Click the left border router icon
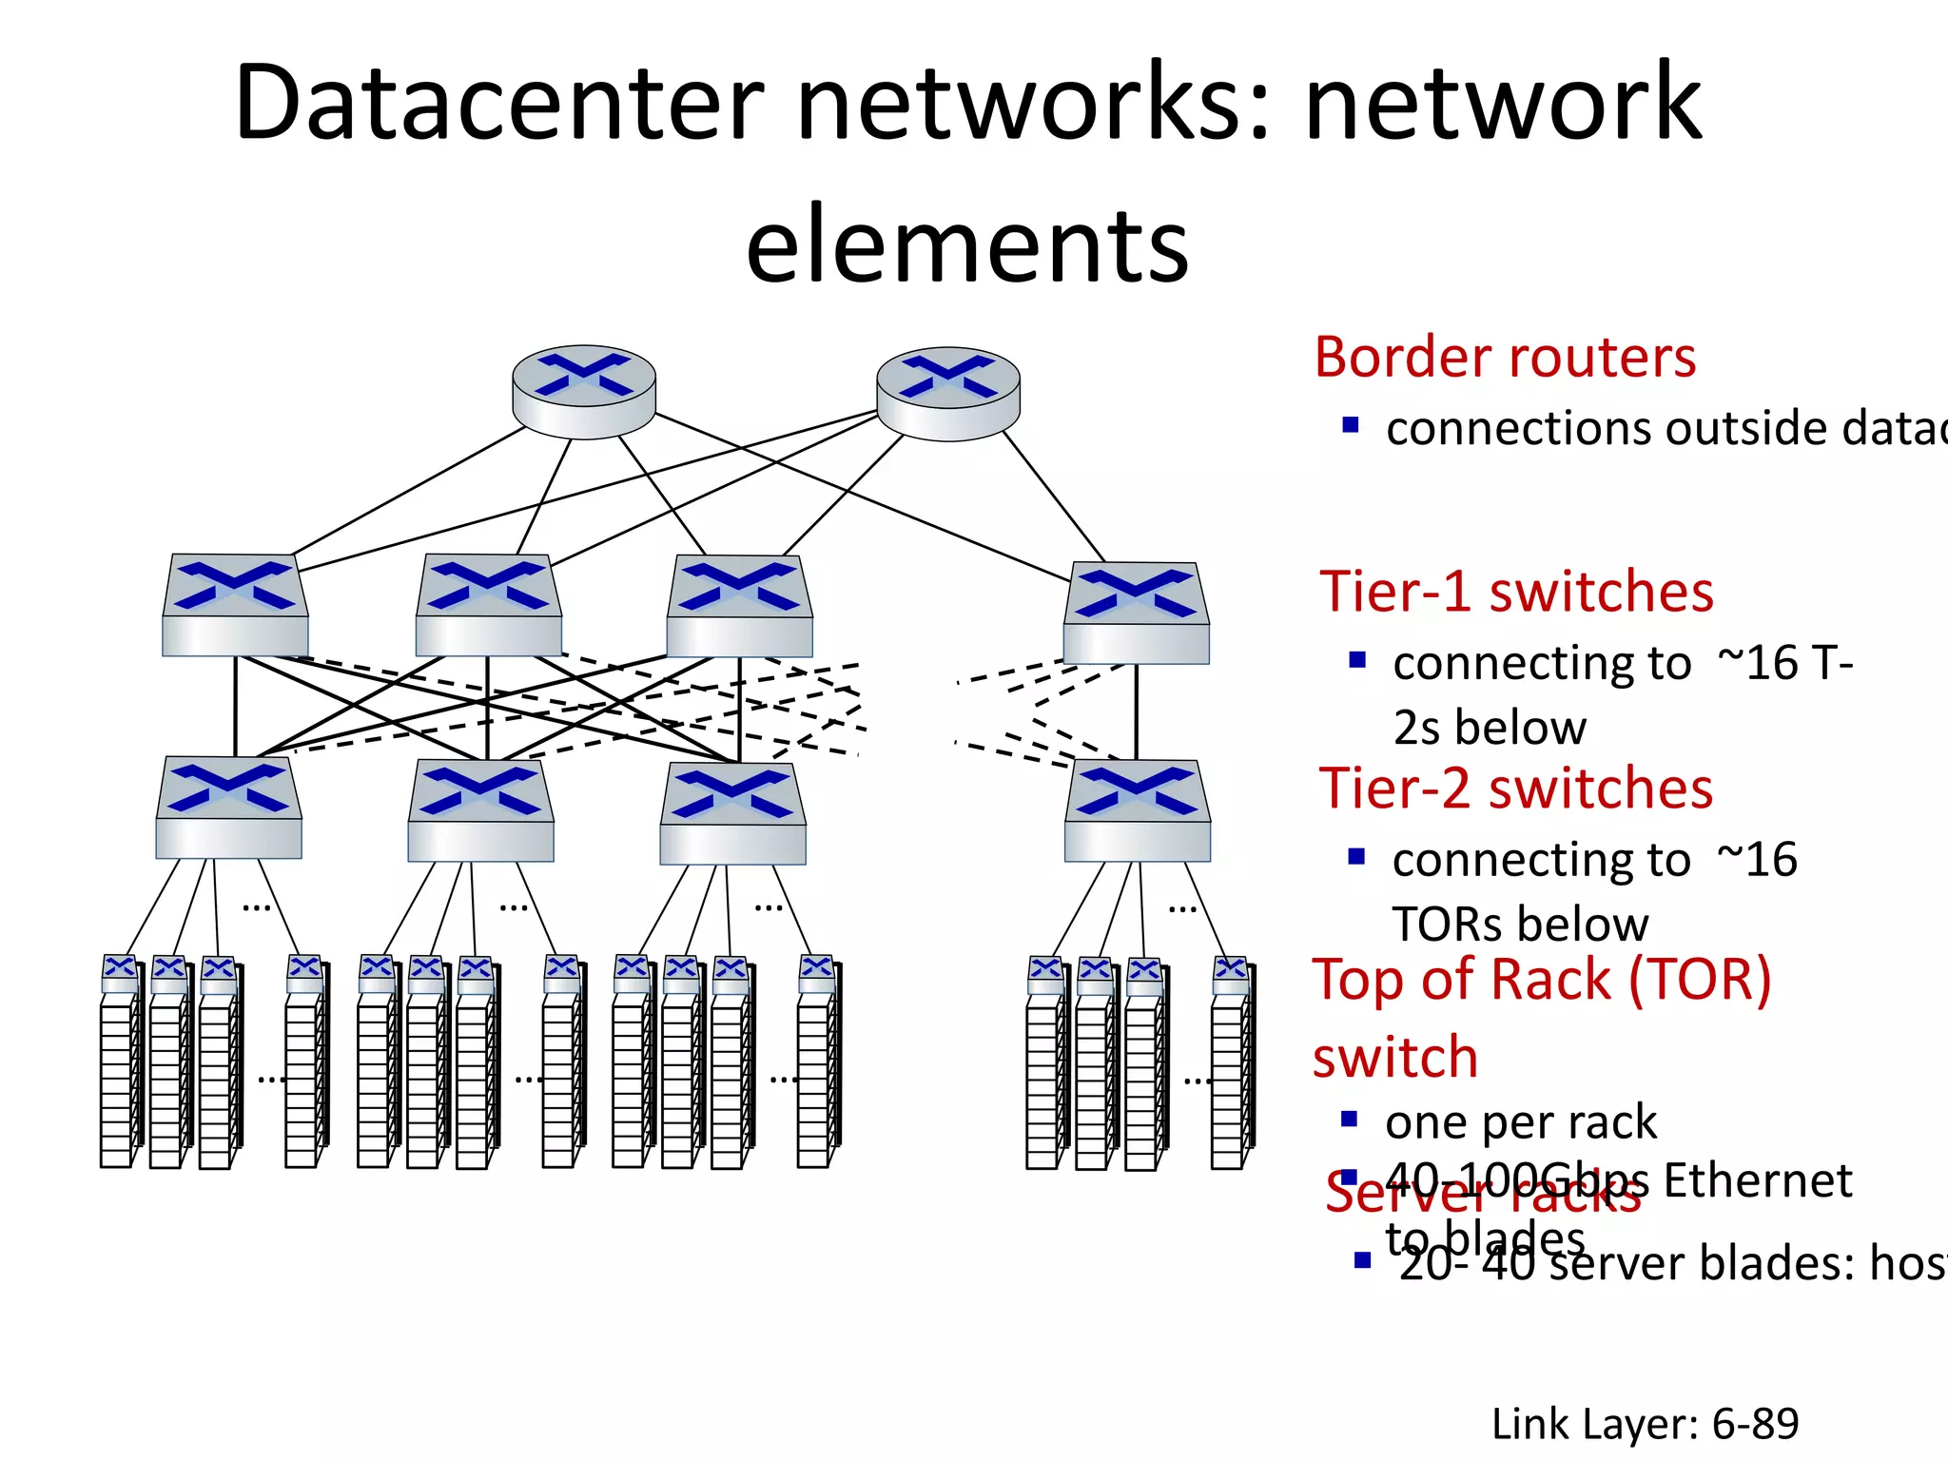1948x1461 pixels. point(583,391)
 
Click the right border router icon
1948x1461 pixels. point(947,393)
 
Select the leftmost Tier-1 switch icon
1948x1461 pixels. point(235,605)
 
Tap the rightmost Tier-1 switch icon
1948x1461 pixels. point(1136,613)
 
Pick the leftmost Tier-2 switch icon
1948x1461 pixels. point(228,808)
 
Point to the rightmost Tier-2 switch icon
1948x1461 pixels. point(1137,810)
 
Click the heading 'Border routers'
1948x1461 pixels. point(1505,358)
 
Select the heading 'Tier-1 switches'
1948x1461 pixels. point(1516,592)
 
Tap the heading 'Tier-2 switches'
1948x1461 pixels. point(1516,789)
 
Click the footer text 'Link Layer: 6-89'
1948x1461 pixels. point(1645,1424)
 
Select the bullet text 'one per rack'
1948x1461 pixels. point(1520,1122)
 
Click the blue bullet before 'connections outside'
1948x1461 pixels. point(1350,425)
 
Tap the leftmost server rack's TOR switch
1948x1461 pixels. point(120,972)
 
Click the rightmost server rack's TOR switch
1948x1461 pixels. point(1231,974)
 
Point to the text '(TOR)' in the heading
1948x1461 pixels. point(1700,980)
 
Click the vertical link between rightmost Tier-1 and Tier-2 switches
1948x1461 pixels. point(1136,711)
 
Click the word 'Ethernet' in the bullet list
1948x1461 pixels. point(1757,1180)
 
